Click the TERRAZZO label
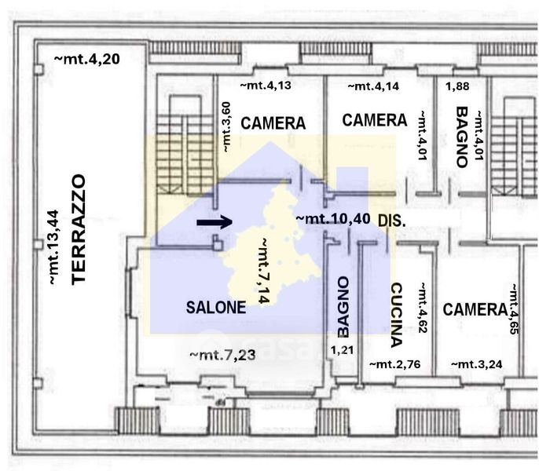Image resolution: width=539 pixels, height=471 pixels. click(79, 229)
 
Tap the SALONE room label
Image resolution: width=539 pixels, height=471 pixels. click(216, 307)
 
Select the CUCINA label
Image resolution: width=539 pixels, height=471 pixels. click(396, 315)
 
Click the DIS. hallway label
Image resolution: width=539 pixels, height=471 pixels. click(392, 221)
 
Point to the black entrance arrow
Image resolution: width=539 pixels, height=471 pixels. click(214, 222)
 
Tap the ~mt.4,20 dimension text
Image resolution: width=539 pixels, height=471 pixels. click(87, 59)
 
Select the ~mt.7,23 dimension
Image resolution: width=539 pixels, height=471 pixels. click(223, 355)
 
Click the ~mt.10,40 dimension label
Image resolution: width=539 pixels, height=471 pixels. click(333, 219)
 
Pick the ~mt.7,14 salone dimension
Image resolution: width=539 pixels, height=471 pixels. click(263, 271)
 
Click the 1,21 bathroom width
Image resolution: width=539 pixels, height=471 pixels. click(342, 350)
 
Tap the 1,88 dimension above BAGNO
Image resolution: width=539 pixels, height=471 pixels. click(457, 86)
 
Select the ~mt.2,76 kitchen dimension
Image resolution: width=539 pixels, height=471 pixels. click(394, 363)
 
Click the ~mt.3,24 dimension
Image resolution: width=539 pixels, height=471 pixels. click(476, 363)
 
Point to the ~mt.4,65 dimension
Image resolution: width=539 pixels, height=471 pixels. click(514, 309)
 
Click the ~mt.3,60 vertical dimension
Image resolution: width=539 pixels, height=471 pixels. click(225, 126)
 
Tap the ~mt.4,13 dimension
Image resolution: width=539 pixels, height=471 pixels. click(266, 85)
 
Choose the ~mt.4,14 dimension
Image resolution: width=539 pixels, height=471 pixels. click(374, 86)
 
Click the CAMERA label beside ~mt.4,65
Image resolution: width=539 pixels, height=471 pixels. click(475, 309)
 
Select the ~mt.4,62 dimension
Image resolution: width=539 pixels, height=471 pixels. click(423, 308)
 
